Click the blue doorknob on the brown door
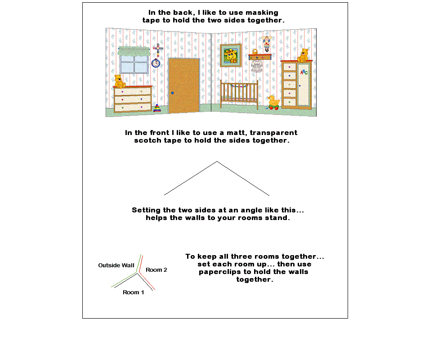172,93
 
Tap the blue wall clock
156,63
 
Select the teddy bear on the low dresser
119,81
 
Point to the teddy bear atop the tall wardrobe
303,55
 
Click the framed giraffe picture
231,55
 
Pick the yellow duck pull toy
273,103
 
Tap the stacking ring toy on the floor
157,108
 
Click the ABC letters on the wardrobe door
304,72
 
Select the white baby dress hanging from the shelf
257,66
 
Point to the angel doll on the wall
267,43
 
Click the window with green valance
134,60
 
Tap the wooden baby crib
239,94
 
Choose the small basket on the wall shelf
255,52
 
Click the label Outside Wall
116,265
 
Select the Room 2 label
156,270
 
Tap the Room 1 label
133,292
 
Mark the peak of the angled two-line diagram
217,162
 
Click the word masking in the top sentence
262,13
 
